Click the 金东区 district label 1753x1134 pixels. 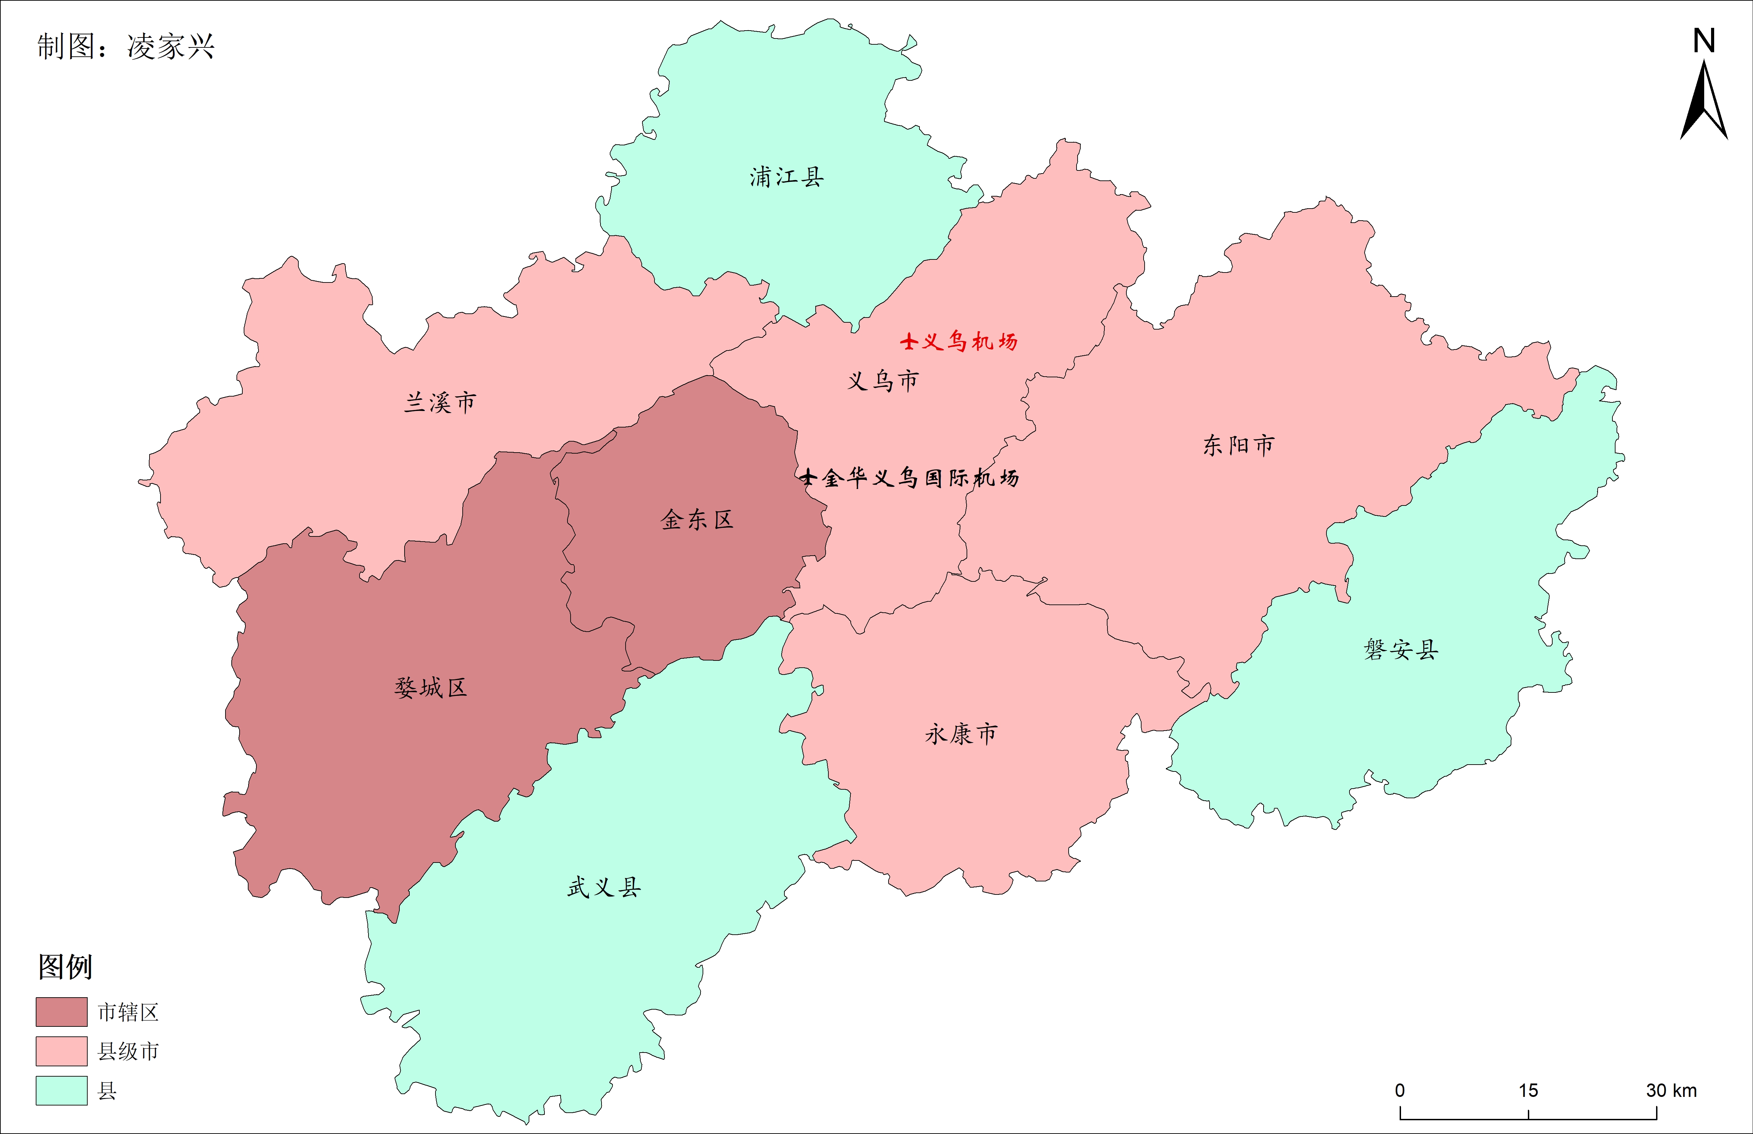[697, 520]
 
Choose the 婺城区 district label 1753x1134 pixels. [431, 688]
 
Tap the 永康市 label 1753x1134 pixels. [961, 733]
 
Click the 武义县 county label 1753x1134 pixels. [604, 887]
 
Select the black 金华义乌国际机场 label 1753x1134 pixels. [921, 478]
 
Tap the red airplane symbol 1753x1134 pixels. [909, 341]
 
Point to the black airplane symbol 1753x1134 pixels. [808, 477]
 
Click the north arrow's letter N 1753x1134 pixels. [1704, 41]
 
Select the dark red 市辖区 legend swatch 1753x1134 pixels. [62, 1012]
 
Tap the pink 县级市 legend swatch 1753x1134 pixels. [62, 1051]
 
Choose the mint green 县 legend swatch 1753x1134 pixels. [62, 1091]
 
